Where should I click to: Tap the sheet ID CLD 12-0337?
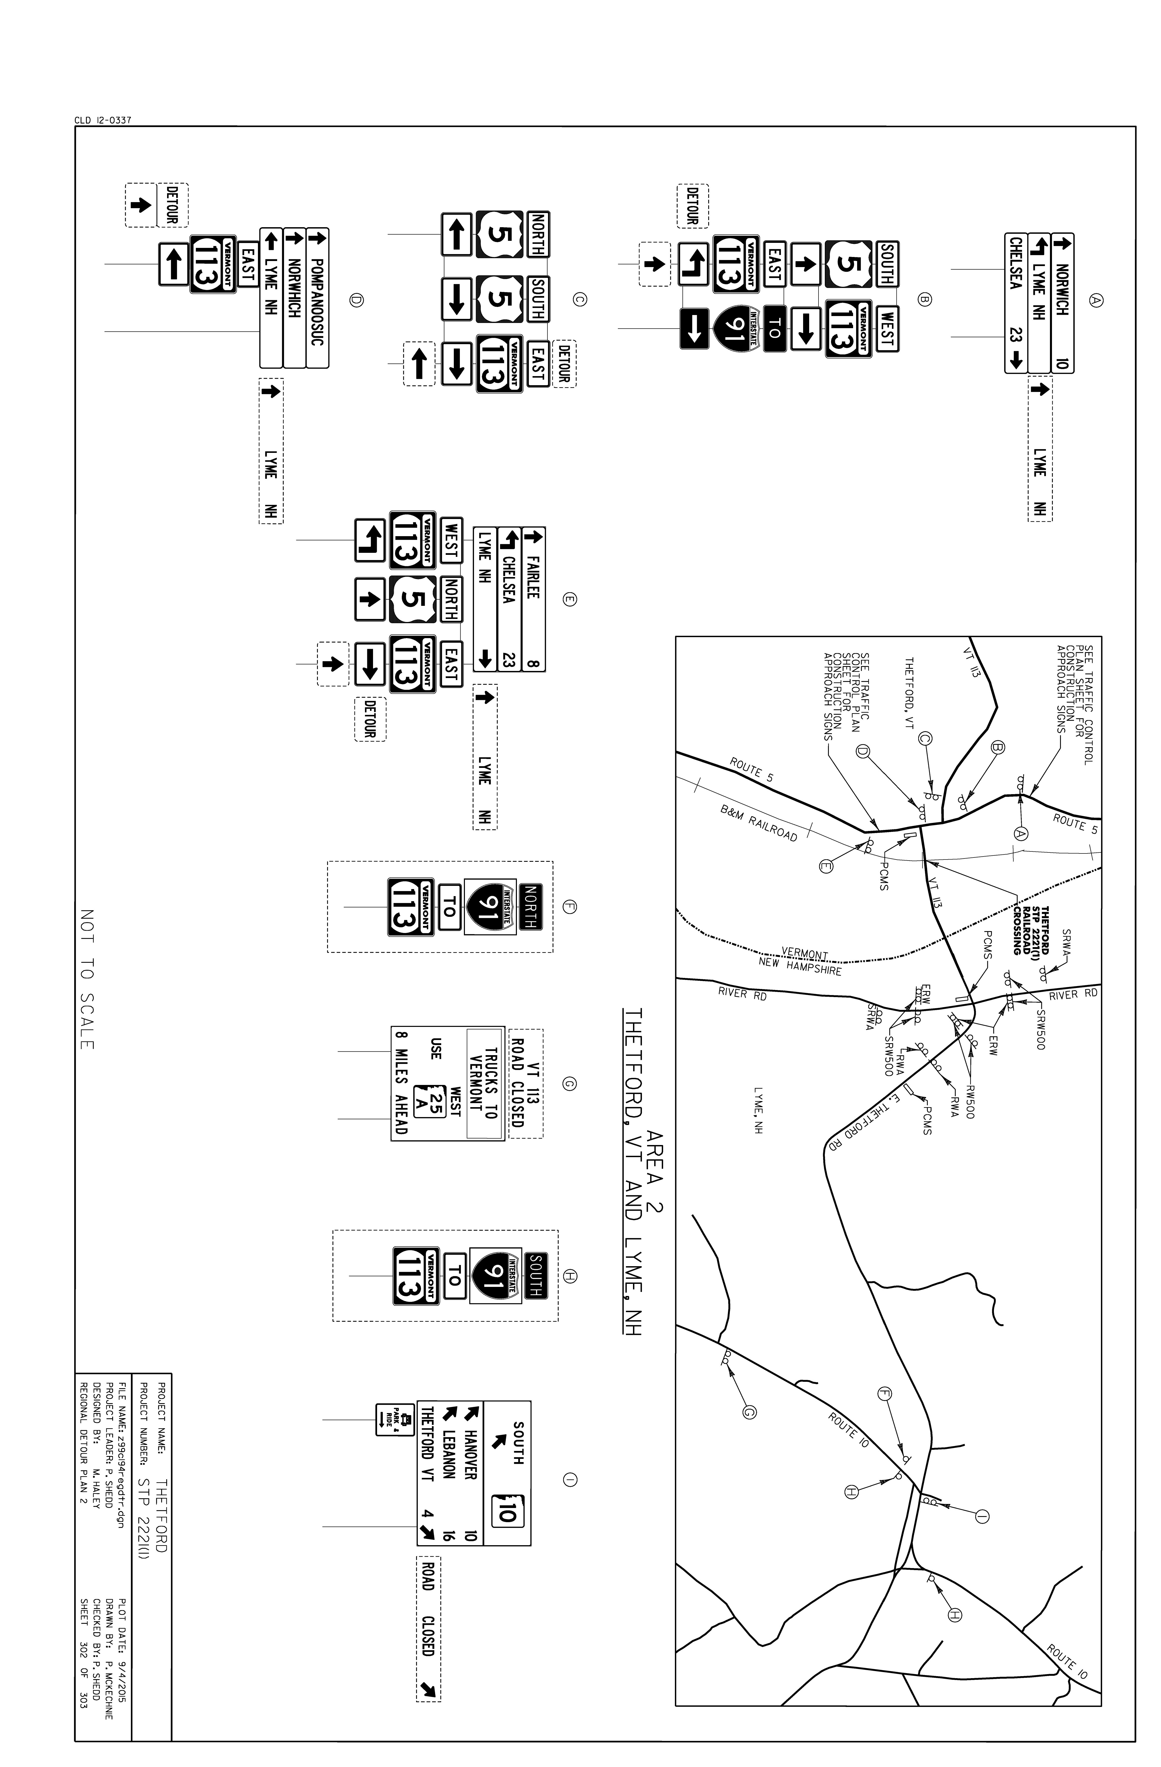point(103,120)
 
